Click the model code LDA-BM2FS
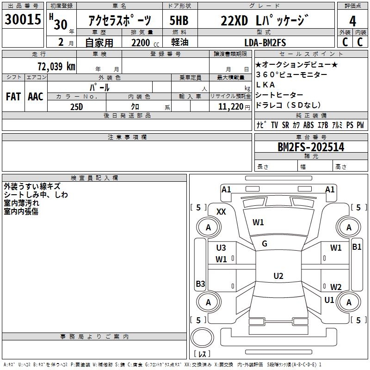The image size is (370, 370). point(265,43)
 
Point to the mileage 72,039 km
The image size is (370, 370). point(56,66)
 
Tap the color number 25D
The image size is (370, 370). point(77,106)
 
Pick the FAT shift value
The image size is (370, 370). point(13,96)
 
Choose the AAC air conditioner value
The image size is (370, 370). point(35,96)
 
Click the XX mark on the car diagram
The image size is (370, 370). point(221,211)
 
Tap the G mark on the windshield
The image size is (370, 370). point(265,243)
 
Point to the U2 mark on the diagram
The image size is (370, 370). point(278,276)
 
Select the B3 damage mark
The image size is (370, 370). point(200,284)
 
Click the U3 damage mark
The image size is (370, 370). point(221,248)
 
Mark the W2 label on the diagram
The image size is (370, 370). point(336,287)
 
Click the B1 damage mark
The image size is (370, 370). point(357,247)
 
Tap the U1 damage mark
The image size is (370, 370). point(329,300)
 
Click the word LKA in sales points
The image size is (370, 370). point(265,85)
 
